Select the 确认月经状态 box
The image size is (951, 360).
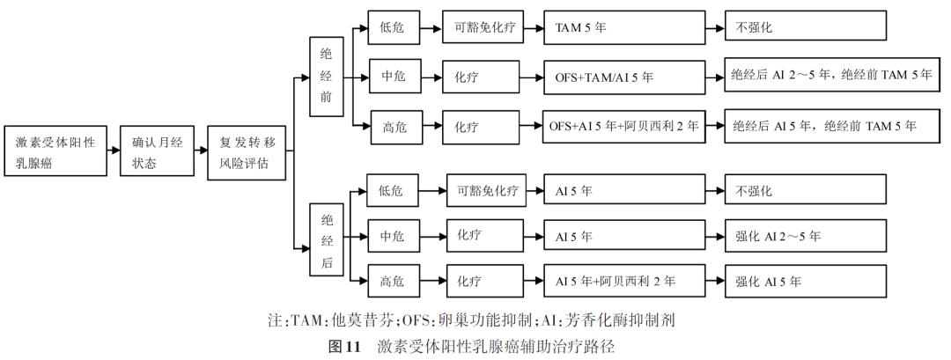158,151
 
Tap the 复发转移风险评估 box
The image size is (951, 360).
247,153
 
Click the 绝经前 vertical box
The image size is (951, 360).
326,77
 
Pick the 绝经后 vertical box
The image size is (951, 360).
326,239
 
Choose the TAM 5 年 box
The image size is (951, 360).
624,27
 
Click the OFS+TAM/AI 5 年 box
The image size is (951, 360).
624,77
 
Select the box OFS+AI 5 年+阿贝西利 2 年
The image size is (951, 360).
624,126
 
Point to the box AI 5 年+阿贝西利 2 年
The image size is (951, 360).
624,281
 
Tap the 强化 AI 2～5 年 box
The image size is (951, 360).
806,236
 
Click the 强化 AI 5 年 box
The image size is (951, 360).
806,281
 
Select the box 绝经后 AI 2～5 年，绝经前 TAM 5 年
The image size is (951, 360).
832,76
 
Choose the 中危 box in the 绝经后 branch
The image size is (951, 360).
393,236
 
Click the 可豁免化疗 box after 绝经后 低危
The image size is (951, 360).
487,191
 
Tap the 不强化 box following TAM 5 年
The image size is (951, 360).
806,27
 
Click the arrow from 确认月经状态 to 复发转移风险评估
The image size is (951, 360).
202,151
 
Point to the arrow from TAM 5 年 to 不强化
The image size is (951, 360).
715,28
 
